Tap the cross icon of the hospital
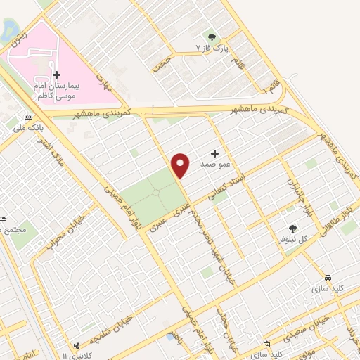coord(56,75)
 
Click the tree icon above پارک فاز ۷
coord(211,37)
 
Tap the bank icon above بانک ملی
coord(27,117)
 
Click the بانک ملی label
coord(27,129)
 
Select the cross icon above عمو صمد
coord(215,153)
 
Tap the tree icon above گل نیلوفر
coord(292,228)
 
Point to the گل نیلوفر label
coord(293,239)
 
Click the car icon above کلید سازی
coord(328,277)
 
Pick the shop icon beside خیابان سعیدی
coord(266,344)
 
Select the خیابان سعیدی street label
coord(295,325)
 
